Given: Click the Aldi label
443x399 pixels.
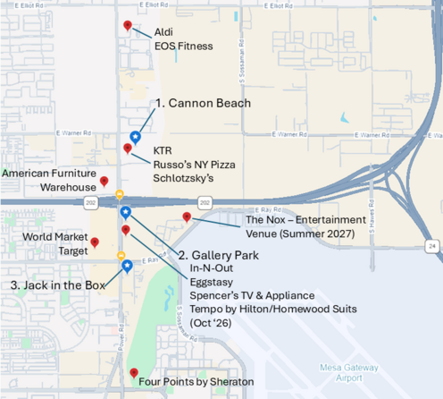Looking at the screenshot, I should coord(163,32).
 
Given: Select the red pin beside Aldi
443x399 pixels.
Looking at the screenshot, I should coord(128,26).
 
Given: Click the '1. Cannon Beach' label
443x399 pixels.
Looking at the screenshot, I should coord(203,103).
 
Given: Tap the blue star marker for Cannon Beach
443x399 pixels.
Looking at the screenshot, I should coord(135,137).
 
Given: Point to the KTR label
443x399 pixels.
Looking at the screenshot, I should coord(163,149).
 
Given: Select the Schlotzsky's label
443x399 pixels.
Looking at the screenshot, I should coord(184,178).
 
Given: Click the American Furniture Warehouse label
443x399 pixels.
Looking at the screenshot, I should coord(49,180).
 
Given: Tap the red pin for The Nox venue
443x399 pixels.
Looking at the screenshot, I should coord(187,217).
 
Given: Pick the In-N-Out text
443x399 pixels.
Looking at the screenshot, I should coord(211,268).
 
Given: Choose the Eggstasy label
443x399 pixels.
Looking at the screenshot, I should coord(210,282).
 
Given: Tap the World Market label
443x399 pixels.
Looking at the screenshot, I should coord(54,238).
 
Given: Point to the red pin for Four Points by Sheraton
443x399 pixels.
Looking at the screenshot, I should coord(134,373).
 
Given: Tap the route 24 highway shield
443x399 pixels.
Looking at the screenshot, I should coord(431,245).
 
